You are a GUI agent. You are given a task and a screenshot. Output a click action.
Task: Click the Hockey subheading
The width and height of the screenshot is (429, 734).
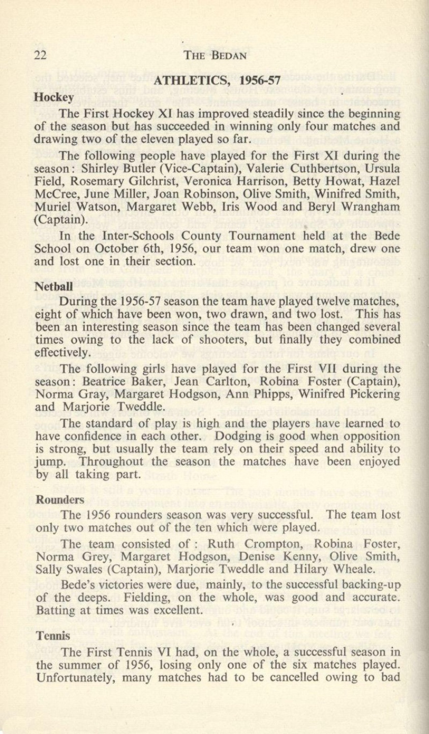click(x=54, y=96)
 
